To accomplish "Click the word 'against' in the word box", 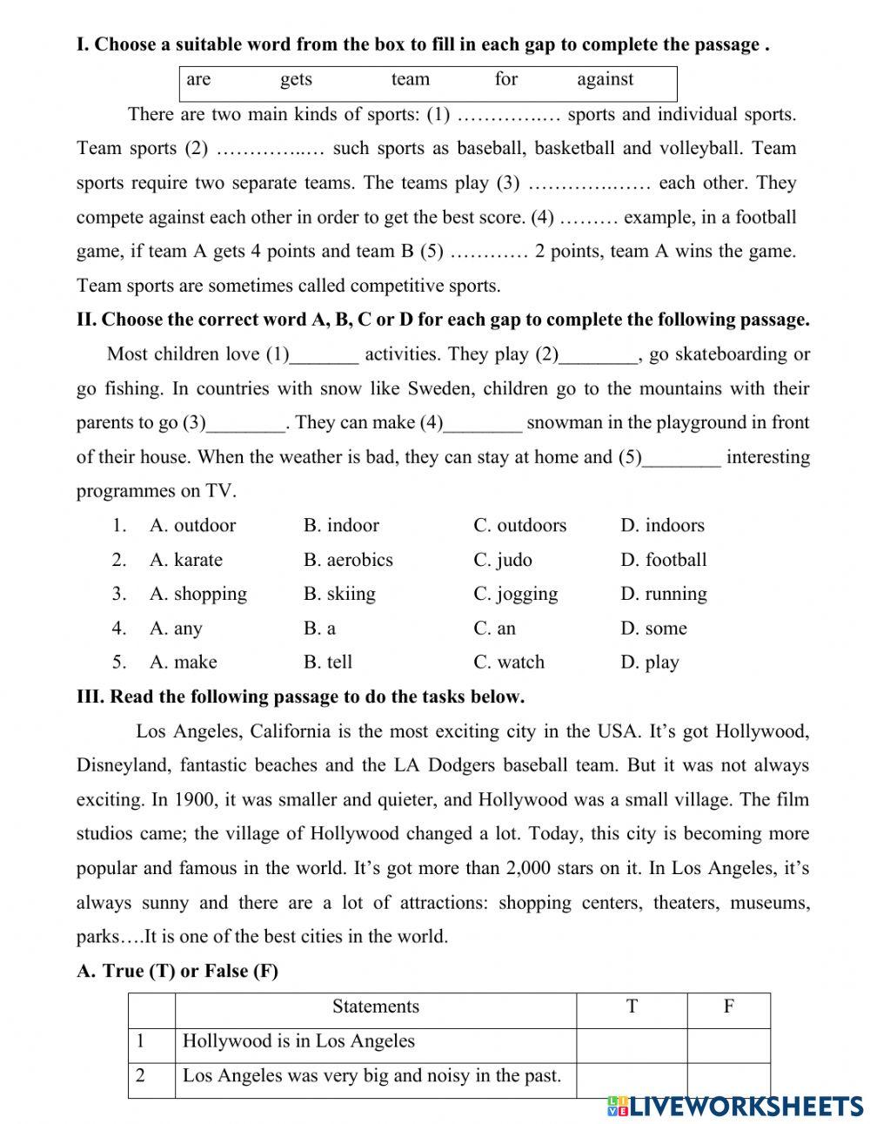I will click(605, 80).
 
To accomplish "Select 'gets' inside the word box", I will click(296, 80).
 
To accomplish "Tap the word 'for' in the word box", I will click(505, 80).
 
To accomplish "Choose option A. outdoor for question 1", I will click(192, 526).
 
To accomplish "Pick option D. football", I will click(663, 560).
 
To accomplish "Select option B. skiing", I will click(339, 594).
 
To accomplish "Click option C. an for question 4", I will click(494, 629).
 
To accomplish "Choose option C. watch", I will click(509, 663).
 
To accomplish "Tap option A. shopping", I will click(198, 594).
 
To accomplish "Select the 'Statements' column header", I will click(375, 1007).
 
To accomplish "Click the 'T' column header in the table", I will click(632, 1007).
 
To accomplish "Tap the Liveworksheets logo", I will click(735, 1105).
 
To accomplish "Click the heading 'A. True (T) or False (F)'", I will click(177, 972).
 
